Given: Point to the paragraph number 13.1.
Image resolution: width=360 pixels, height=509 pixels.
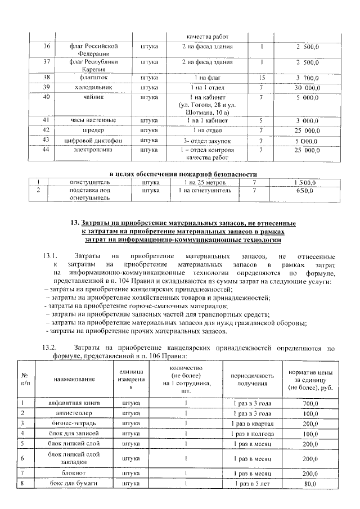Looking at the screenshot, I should (x=50, y=256).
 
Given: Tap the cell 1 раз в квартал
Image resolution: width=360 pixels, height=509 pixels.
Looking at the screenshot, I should (x=253, y=422).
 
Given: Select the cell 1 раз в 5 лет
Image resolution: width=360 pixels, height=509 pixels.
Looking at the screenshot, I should (x=253, y=483).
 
